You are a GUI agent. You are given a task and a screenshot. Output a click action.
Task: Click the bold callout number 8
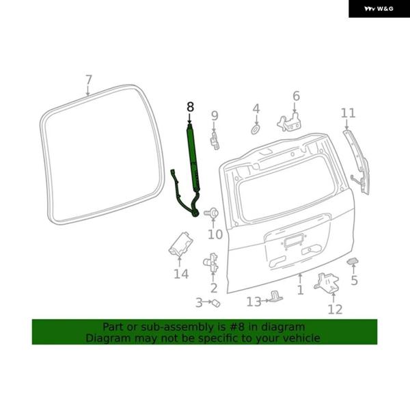coord(191,107)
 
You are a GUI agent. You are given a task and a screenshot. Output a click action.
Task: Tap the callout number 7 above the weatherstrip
coord(89,80)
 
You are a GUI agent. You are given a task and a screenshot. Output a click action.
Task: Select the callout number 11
coord(348,113)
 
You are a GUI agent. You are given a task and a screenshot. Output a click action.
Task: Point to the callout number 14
coord(181,274)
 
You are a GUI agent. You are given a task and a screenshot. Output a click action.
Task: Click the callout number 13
coord(254,302)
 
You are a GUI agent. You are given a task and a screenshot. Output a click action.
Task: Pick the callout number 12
coord(335,310)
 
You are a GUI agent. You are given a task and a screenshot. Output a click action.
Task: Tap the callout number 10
coord(215,234)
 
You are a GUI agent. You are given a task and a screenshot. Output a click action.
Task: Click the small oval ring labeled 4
coord(256,129)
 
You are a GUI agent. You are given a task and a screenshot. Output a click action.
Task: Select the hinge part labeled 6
coord(288,123)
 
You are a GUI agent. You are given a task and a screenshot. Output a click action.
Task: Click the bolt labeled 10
coord(211,213)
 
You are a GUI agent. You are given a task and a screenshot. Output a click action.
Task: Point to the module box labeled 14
coord(181,244)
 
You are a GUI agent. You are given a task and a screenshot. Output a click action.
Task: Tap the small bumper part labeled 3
coord(216,303)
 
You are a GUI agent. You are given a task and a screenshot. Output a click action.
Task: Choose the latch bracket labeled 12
coord(327,282)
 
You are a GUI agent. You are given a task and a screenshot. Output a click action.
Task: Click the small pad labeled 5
coord(353,261)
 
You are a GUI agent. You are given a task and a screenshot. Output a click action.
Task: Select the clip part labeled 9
coord(215,141)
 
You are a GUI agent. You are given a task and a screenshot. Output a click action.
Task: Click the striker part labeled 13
coord(276,297)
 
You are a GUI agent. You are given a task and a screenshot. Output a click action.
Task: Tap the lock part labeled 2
coord(210,262)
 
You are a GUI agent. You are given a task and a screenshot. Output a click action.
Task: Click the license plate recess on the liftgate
coord(292,241)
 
